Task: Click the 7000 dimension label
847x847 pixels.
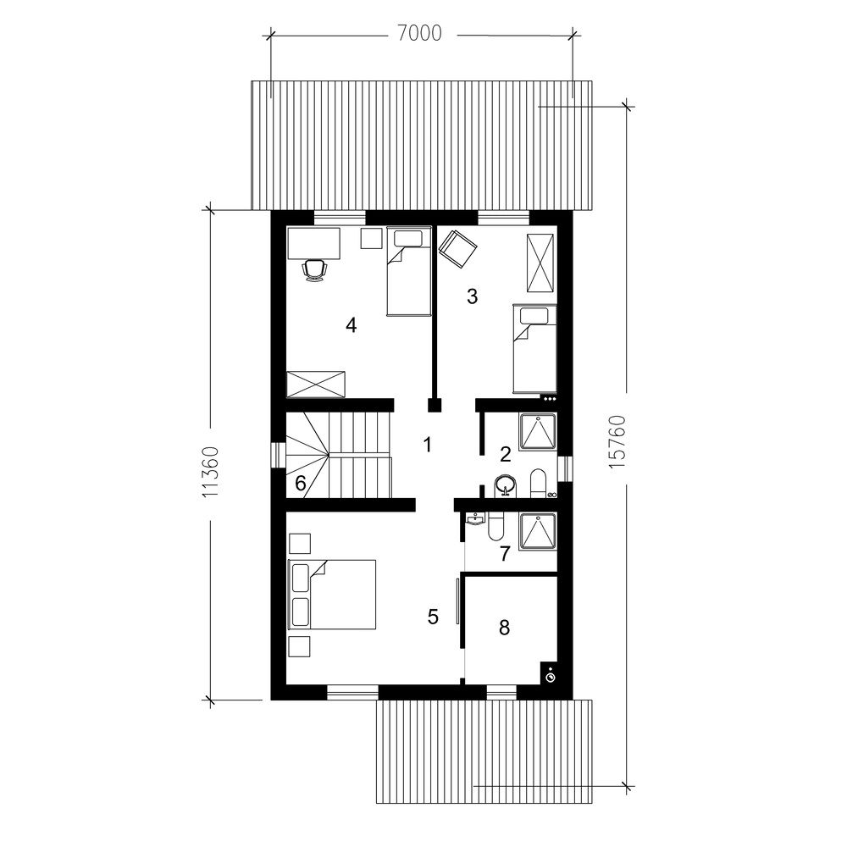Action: (x=420, y=34)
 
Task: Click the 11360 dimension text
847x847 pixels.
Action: (x=211, y=472)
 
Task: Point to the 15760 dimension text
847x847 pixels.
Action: (x=617, y=442)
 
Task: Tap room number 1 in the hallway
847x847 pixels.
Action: (x=427, y=446)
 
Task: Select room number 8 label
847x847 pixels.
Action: (x=504, y=628)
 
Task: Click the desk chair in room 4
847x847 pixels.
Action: (x=315, y=269)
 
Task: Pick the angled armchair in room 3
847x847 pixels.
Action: (x=457, y=248)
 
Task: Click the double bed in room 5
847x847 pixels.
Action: (x=332, y=595)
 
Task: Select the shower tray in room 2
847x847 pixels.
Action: (x=538, y=432)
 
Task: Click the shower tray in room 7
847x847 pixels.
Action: (x=538, y=533)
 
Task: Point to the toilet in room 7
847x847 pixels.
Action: (x=495, y=527)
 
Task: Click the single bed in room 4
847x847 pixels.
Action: (x=409, y=271)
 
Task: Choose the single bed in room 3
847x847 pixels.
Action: (x=534, y=348)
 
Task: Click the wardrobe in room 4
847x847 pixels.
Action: (x=315, y=385)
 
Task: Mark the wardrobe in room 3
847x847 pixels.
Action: (x=540, y=263)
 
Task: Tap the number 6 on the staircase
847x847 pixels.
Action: (x=301, y=483)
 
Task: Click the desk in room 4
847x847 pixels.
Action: (x=314, y=243)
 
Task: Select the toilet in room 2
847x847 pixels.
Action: (x=538, y=484)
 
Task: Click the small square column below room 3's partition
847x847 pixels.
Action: (x=435, y=405)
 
